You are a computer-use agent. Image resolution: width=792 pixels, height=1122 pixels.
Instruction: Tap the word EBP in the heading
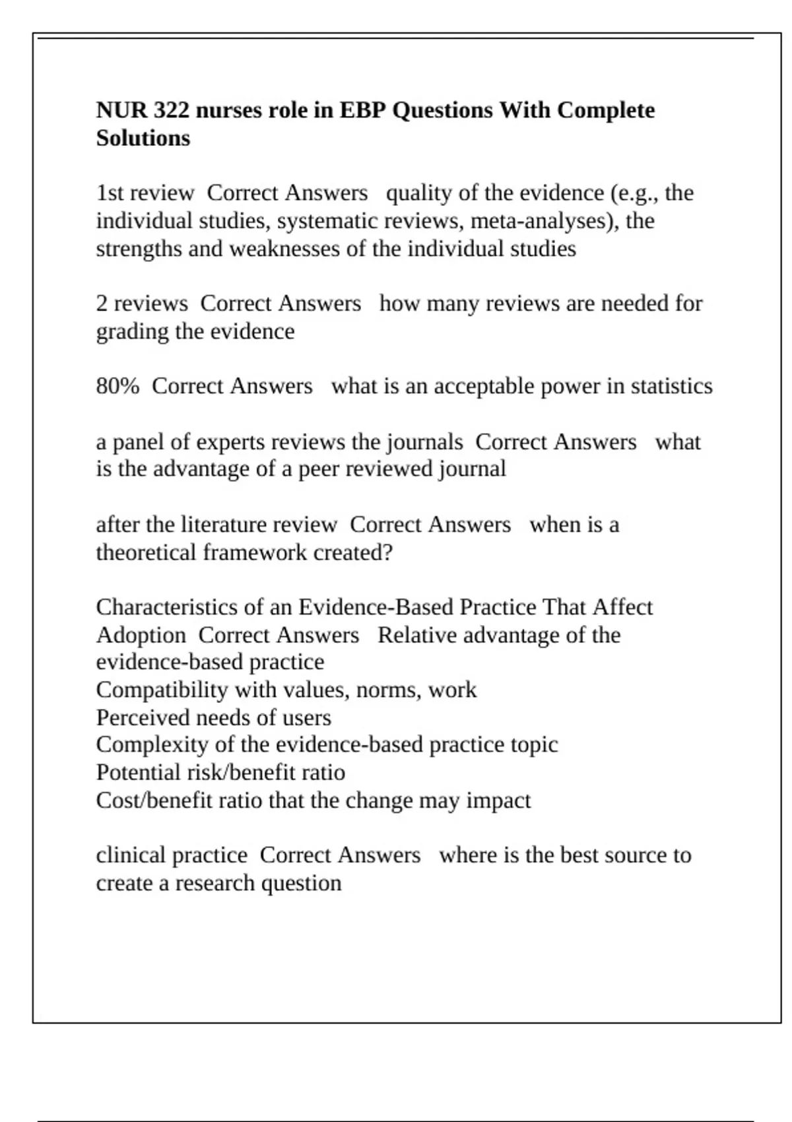point(362,110)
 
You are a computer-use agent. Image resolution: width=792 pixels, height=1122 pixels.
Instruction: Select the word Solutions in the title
point(143,138)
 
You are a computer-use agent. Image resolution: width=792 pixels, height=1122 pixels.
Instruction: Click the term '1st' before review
point(110,193)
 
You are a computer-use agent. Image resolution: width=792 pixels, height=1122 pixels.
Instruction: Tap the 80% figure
point(117,386)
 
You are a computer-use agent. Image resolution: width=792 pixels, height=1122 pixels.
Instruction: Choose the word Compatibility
point(162,690)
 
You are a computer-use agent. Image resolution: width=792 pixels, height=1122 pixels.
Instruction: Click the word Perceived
point(136,717)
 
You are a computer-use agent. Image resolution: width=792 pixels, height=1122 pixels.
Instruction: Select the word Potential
point(137,772)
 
